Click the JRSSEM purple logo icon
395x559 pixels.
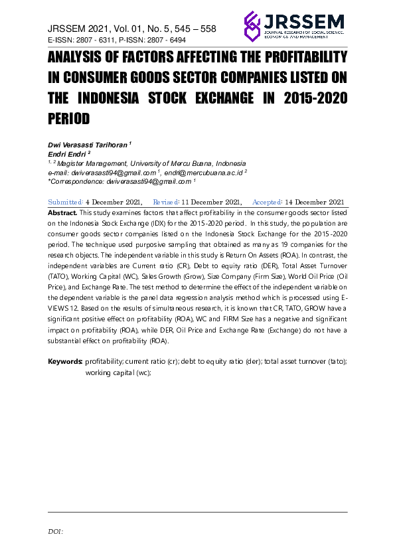254,26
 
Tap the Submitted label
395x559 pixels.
65,202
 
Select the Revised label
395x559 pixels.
165,202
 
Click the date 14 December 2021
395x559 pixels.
314,202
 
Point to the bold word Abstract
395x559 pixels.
62,212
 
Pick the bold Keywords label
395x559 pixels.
65,362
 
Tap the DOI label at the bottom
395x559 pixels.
55,531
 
